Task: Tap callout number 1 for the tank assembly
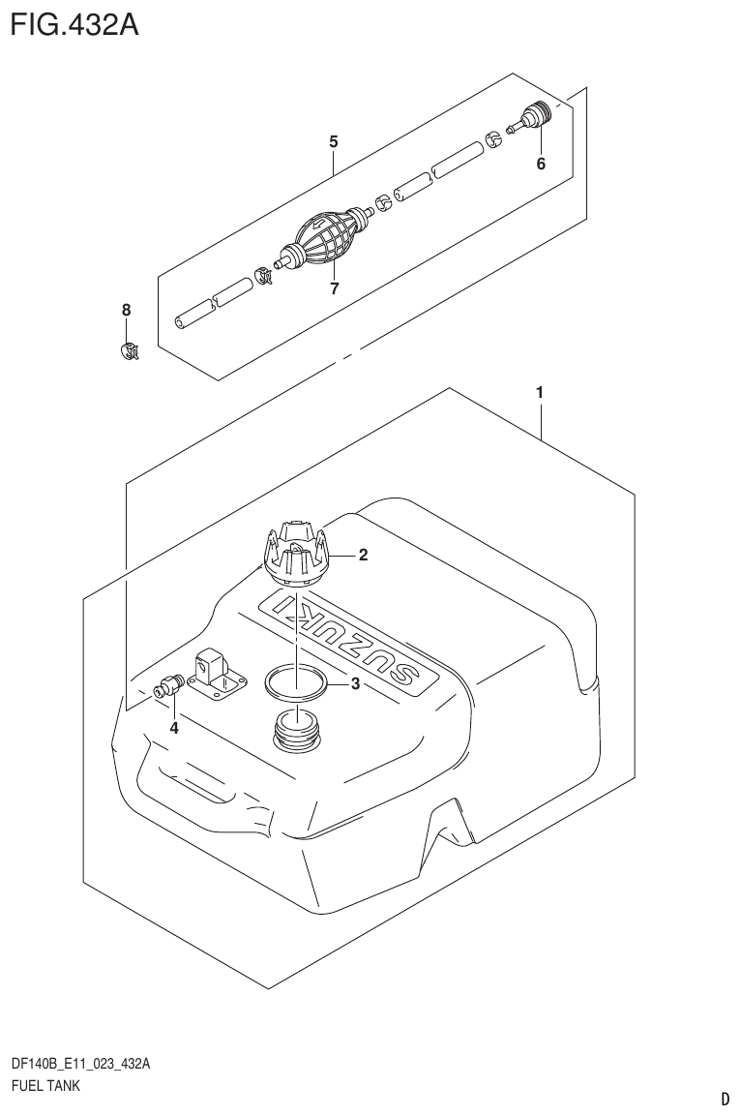click(539, 393)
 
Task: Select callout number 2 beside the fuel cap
click(363, 555)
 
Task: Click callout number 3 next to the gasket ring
click(355, 685)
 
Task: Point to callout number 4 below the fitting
click(174, 728)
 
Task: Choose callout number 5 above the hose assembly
click(333, 141)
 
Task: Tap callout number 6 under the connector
click(541, 164)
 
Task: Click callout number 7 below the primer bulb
click(333, 288)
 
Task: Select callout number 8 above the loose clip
click(126, 310)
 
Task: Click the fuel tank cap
click(296, 554)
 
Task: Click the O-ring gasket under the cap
click(294, 682)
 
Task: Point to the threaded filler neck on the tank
click(296, 731)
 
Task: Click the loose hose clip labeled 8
click(127, 350)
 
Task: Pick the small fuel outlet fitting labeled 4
click(169, 686)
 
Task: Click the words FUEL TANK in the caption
click(44, 1085)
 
